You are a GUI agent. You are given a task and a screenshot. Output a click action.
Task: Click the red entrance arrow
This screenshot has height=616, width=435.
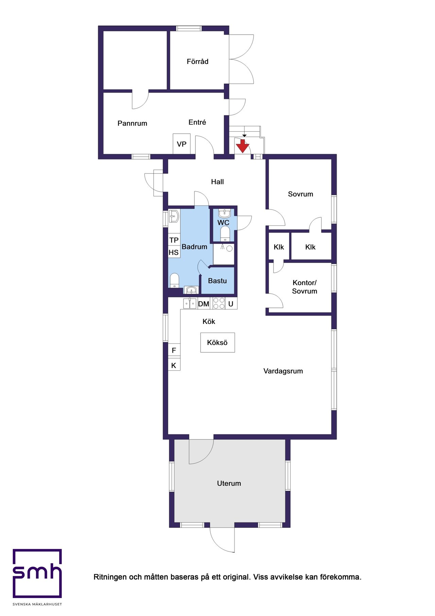[243, 146]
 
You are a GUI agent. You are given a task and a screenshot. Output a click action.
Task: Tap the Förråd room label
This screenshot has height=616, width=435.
[197, 62]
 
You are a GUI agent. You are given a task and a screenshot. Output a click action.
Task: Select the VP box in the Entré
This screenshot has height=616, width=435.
[181, 144]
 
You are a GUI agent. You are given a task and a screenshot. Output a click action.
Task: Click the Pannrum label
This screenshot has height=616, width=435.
[132, 123]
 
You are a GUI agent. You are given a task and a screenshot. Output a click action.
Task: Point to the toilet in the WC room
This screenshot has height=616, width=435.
[225, 234]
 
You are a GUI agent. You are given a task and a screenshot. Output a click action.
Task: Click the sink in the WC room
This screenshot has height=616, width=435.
[224, 214]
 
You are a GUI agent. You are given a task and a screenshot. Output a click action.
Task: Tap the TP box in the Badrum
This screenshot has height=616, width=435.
[174, 240]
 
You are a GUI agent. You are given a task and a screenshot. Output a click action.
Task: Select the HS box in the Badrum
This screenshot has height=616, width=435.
[174, 252]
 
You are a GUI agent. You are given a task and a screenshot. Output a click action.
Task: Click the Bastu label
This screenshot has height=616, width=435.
[217, 281]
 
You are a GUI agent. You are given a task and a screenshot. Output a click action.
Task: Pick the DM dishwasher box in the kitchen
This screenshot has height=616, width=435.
[204, 304]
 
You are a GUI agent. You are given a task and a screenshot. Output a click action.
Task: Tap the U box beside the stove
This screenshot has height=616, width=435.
[231, 304]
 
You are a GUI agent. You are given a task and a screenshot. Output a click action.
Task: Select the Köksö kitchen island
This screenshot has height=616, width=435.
[217, 343]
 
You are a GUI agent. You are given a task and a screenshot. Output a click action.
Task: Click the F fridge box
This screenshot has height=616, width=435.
[174, 350]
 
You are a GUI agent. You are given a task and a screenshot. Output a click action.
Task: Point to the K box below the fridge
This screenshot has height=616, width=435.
[174, 365]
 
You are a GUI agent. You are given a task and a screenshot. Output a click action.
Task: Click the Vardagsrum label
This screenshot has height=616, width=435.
[283, 371]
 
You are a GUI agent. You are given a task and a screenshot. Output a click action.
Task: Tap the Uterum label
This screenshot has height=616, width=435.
[229, 483]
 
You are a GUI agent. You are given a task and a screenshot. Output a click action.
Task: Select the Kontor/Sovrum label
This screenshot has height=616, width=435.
[304, 287]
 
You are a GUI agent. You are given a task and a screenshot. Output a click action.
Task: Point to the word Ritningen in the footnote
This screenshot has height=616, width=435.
[110, 577]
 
